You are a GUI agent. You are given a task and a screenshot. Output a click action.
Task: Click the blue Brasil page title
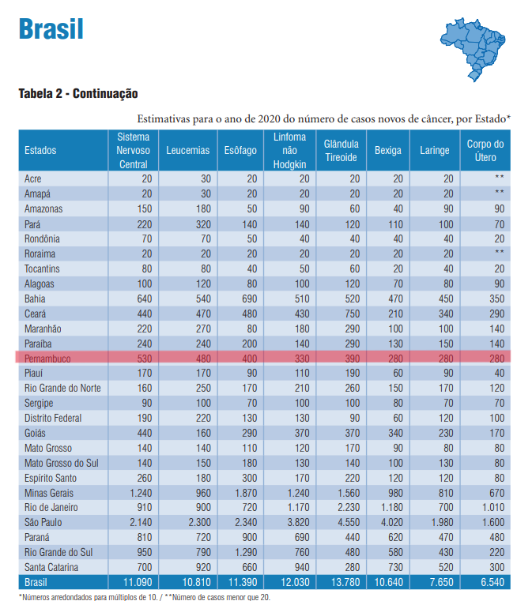point(51,29)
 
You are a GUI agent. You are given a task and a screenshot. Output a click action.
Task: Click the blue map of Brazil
point(473,49)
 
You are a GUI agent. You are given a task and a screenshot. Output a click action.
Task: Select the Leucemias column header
point(187,150)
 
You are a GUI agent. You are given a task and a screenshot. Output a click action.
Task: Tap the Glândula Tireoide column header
point(341,150)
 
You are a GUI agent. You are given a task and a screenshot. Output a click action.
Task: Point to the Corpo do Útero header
point(485,150)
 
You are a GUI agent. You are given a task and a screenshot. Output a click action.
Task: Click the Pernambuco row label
point(47,359)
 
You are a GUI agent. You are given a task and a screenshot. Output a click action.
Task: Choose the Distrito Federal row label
point(53,418)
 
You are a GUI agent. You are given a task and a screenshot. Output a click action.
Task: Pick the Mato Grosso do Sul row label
point(62,463)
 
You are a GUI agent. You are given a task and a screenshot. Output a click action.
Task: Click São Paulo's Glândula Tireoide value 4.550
point(349,523)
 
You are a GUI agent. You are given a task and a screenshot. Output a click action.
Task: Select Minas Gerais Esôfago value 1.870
point(246,493)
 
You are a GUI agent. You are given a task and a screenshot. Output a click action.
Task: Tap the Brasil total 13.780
point(345,582)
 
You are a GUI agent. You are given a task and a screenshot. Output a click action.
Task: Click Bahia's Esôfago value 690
point(249,299)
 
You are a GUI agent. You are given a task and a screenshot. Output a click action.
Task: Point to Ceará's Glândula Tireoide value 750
point(352,314)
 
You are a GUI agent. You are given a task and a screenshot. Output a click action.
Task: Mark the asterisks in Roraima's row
point(499,252)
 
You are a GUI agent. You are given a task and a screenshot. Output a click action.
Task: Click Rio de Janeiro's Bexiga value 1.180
point(391,508)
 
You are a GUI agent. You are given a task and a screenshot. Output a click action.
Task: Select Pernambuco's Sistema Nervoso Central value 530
point(145,359)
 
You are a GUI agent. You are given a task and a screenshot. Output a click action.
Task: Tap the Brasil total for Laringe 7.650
point(441,582)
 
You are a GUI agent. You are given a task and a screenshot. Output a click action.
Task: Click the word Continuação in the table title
point(105,93)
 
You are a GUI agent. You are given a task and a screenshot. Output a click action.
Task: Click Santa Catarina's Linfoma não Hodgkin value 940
point(301,567)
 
